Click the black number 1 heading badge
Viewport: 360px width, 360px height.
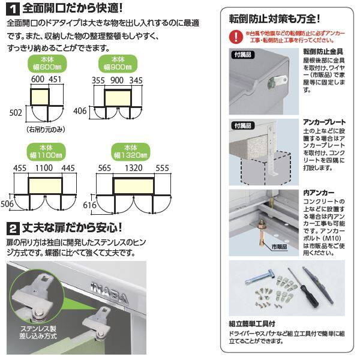tap(13, 9)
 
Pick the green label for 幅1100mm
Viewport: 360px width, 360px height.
tap(46, 151)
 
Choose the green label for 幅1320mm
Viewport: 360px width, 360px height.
tap(130, 151)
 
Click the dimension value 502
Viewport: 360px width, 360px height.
tap(16, 112)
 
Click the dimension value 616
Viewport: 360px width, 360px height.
tap(91, 205)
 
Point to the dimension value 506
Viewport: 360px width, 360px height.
tap(8, 204)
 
